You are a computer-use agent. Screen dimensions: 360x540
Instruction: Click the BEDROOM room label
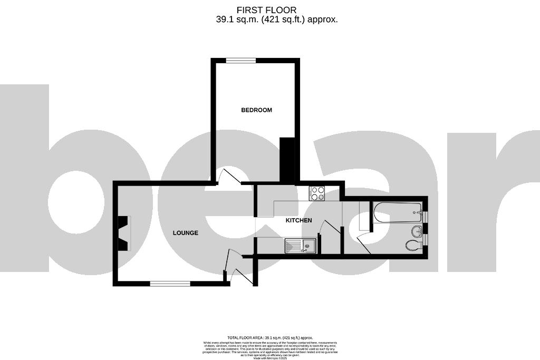256,110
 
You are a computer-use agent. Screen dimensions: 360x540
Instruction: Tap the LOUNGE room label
185,233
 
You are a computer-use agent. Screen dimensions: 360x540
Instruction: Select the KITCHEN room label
298,220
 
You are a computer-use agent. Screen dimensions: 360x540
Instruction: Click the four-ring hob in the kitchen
317,193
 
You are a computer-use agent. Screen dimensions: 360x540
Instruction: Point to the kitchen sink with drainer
300,245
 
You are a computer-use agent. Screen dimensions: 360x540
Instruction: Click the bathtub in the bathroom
397,213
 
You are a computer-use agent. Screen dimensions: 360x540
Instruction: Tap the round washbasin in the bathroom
417,230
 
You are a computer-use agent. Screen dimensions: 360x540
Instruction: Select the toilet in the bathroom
413,245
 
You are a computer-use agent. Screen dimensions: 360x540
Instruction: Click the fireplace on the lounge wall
123,233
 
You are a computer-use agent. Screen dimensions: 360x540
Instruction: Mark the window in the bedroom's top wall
241,61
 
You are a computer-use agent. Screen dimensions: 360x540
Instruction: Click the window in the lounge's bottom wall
170,284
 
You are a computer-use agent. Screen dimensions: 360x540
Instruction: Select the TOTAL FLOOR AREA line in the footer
270,337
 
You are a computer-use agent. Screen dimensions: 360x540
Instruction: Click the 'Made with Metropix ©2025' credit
270,358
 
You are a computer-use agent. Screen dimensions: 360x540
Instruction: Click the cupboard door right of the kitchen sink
330,229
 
